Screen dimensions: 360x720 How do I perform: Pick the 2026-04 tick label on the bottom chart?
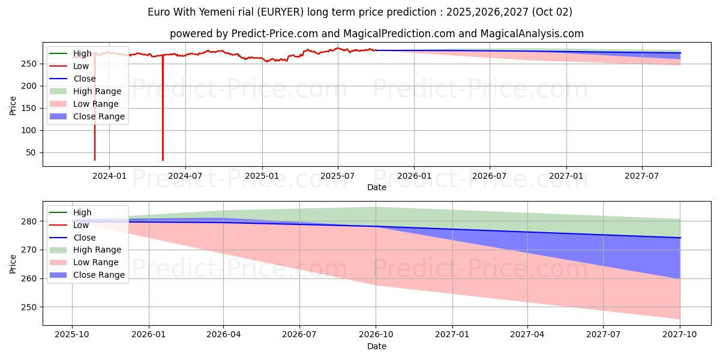[x=223, y=334]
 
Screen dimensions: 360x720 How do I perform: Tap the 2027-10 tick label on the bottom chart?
[x=680, y=334]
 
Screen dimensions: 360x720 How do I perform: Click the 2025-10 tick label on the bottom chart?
[x=72, y=334]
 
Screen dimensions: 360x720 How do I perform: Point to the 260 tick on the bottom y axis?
[x=31, y=278]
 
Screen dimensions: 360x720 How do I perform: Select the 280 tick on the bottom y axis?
[x=31, y=221]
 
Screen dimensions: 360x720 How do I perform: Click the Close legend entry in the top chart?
[x=84, y=79]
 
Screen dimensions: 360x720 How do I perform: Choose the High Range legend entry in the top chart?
[x=97, y=91]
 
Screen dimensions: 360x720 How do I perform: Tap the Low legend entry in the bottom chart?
[x=81, y=225]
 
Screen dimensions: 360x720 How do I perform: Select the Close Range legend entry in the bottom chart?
[x=99, y=275]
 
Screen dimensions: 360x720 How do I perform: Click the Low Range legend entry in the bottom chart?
[x=96, y=262]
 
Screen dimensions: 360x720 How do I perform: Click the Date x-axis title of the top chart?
[x=376, y=187]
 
